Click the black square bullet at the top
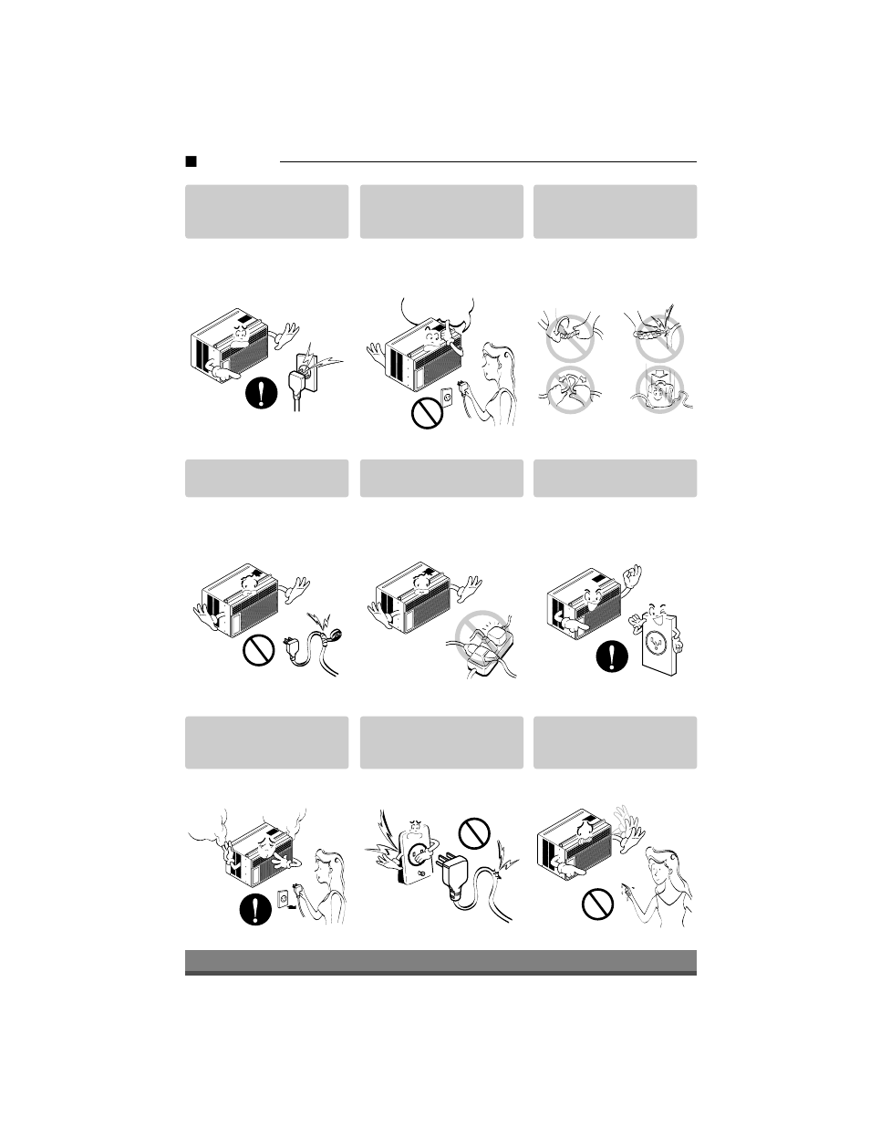[x=191, y=162]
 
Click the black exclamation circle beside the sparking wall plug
[x=261, y=393]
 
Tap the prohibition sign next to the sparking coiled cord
[x=260, y=651]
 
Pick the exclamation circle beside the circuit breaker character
[x=612, y=656]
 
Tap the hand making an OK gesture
[x=630, y=578]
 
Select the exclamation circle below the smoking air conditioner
[x=257, y=908]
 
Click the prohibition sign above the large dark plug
[x=475, y=831]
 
